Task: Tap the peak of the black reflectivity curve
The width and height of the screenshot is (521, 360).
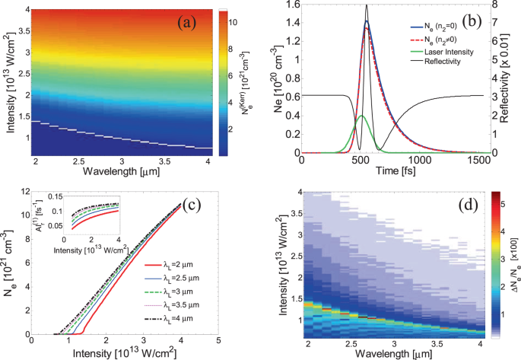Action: [x=410, y=5]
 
